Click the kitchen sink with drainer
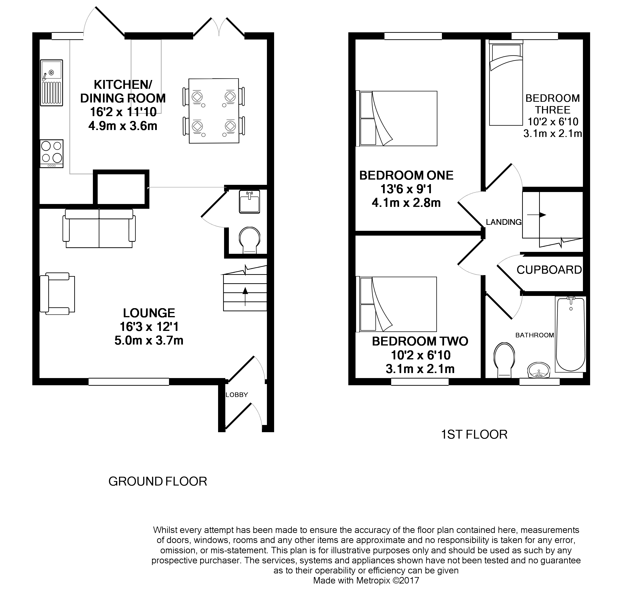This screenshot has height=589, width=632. pos(51,83)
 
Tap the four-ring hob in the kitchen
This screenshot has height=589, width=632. pos(51,153)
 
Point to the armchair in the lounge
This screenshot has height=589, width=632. pos(57,294)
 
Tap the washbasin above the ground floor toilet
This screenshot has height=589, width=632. pos(249,202)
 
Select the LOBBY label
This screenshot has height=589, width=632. pos(237,395)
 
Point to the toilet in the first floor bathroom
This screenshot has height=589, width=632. pos(504,360)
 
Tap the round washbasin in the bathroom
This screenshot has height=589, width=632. pos(539,370)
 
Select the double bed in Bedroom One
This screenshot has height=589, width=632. pos(398,119)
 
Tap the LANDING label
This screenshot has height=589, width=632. pos(504,222)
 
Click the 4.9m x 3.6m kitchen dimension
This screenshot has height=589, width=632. pos(123,126)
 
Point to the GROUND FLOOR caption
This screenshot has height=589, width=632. pos(158,481)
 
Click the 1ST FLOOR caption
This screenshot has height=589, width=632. pos(474,434)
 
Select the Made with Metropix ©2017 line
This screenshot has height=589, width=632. pos(366,580)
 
